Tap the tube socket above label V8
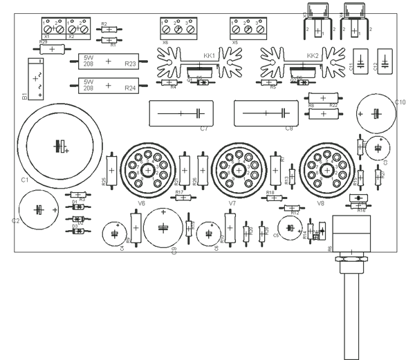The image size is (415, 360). (x=326, y=169)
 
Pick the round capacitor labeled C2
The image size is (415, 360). (x=40, y=210)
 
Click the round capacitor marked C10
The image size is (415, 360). (x=375, y=113)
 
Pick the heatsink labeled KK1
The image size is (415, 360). (x=196, y=65)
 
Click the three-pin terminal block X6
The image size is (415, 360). (x=178, y=28)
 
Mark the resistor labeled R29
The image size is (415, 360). (x=53, y=49)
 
